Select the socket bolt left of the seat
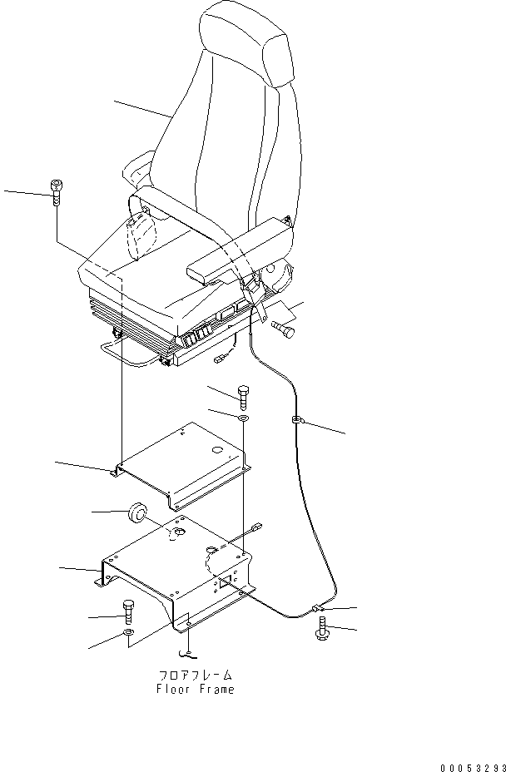pos(57,193)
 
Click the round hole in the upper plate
pos(217,451)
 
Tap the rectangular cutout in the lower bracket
pos(224,582)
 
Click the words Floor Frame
pos(196,689)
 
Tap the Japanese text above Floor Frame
pos(196,675)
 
